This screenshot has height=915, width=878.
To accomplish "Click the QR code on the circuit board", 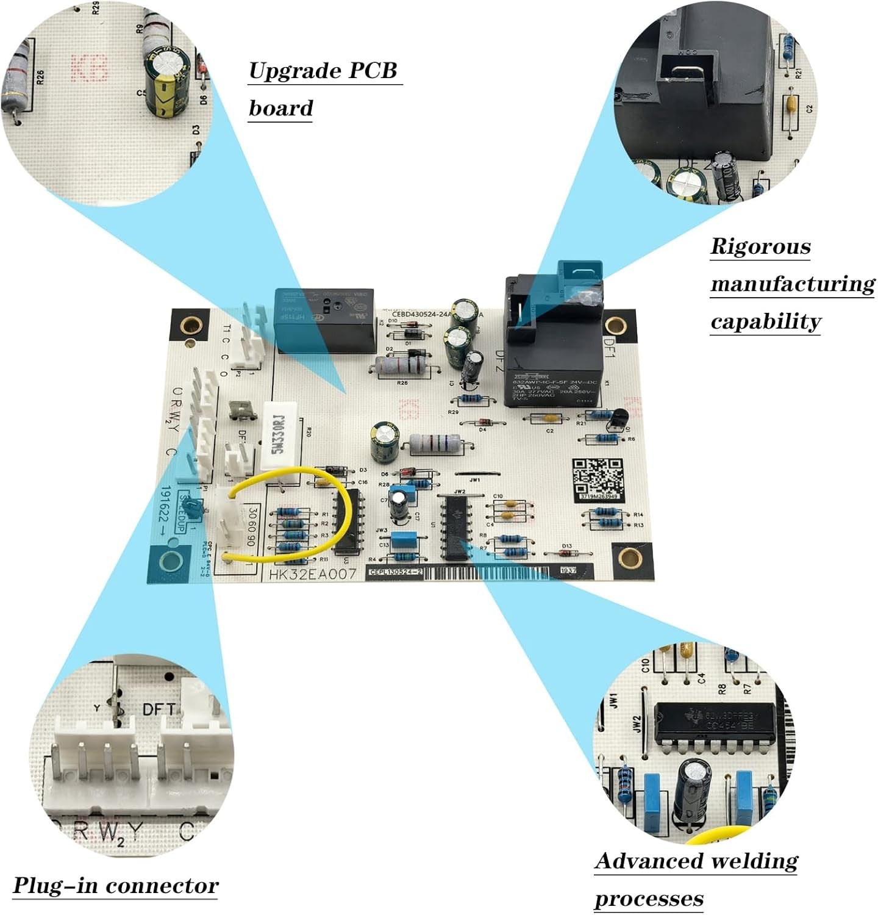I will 598,478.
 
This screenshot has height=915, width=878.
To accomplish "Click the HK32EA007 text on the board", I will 312,574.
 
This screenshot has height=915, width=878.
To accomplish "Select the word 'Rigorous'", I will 760,246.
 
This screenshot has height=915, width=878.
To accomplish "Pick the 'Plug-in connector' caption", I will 115,885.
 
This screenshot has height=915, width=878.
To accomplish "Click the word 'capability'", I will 765,321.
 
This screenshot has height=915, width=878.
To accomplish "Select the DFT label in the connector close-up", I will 159,709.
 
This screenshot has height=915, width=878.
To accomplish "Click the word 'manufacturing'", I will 792,284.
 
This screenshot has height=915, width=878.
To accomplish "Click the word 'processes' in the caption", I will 649,899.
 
